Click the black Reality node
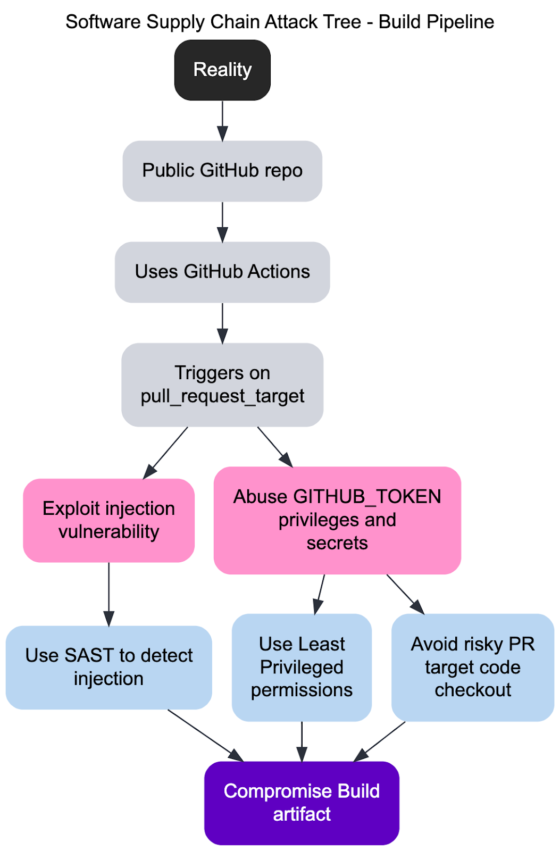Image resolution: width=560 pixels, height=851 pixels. pyautogui.click(x=222, y=70)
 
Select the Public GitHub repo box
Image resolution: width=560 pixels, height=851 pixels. pyautogui.click(x=222, y=171)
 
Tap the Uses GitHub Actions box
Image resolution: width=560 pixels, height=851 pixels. pyautogui.click(x=222, y=272)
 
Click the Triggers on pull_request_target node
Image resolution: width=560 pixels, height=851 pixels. pyautogui.click(x=222, y=384)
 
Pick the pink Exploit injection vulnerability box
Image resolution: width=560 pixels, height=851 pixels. pyautogui.click(x=108, y=520)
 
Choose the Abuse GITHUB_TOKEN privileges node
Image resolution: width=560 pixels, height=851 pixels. pyautogui.click(x=337, y=520)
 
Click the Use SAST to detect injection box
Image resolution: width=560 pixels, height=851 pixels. pyautogui.click(x=108, y=666)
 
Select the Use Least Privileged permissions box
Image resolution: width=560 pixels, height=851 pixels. pyautogui.click(x=302, y=667)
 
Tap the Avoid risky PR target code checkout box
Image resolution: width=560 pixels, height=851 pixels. pyautogui.click(x=472, y=667)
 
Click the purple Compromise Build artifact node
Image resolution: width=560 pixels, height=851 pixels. pyautogui.click(x=302, y=802)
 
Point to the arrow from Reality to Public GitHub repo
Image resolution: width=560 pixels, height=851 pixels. pyautogui.click(x=222, y=120)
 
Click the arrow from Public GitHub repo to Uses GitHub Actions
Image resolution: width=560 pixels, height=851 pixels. pyautogui.click(x=222, y=221)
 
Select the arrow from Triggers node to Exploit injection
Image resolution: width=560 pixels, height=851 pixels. pyautogui.click(x=165, y=452)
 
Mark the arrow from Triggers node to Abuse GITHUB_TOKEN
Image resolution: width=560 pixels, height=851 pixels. pyautogui.click(x=275, y=447)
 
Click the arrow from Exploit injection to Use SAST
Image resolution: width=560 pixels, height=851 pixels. pyautogui.click(x=108, y=594)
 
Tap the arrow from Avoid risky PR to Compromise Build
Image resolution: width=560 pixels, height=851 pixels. pyautogui.click(x=381, y=741)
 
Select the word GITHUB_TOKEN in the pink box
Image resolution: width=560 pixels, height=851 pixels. pyautogui.click(x=367, y=496)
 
